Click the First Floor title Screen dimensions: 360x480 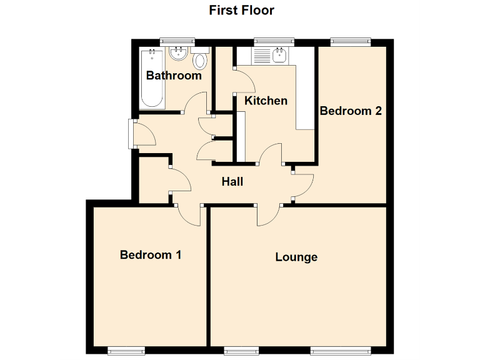241,11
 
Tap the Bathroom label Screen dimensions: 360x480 174,76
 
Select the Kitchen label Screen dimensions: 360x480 266,101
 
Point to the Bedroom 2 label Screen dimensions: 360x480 351,111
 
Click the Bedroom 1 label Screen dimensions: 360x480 151,255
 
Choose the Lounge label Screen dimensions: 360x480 296,257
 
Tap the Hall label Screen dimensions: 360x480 232,182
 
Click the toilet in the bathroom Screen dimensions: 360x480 200,61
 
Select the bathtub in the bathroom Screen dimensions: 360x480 152,78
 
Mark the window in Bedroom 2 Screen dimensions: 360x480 351,41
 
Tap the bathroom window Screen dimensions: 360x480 178,41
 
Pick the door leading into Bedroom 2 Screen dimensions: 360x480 303,182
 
